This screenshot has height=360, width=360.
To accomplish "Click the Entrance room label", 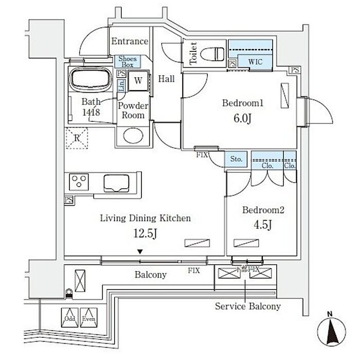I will tap(130, 42).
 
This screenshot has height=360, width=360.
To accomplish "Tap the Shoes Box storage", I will tap(127, 62).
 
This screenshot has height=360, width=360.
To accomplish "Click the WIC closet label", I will tap(255, 62).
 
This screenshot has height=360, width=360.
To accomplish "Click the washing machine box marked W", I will tap(138, 80).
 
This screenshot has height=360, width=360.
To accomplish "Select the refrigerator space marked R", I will tap(76, 137).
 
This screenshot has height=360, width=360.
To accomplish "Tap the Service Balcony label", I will tap(247, 307).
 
